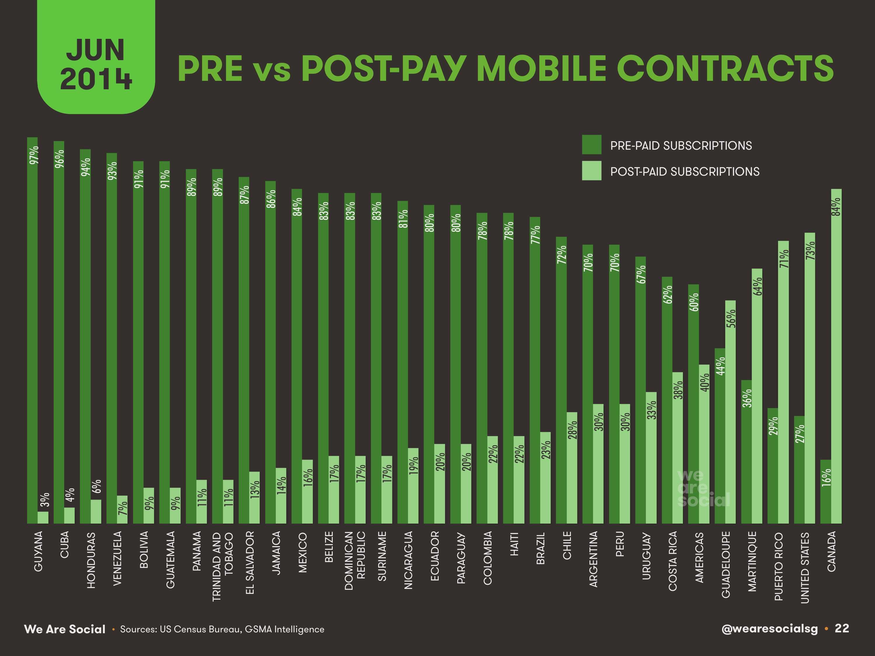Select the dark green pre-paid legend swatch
(591, 145)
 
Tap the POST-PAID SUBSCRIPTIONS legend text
(684, 172)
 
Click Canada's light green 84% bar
(836, 356)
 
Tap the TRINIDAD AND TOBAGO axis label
(223, 566)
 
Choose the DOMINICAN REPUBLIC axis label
(355, 561)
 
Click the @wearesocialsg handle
(769, 629)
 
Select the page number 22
(842, 628)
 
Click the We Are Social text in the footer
(65, 629)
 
